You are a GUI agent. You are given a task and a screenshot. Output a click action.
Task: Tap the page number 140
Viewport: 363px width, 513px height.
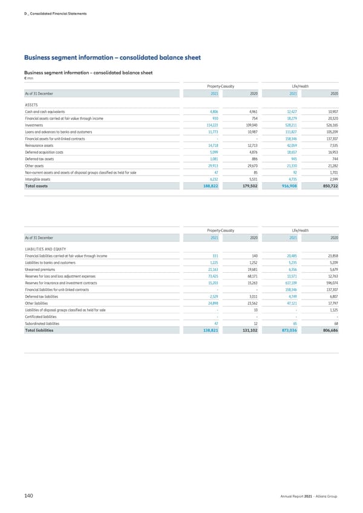click(x=28, y=496)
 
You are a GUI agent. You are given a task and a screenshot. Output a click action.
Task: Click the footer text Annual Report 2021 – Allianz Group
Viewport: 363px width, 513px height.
click(x=309, y=497)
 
